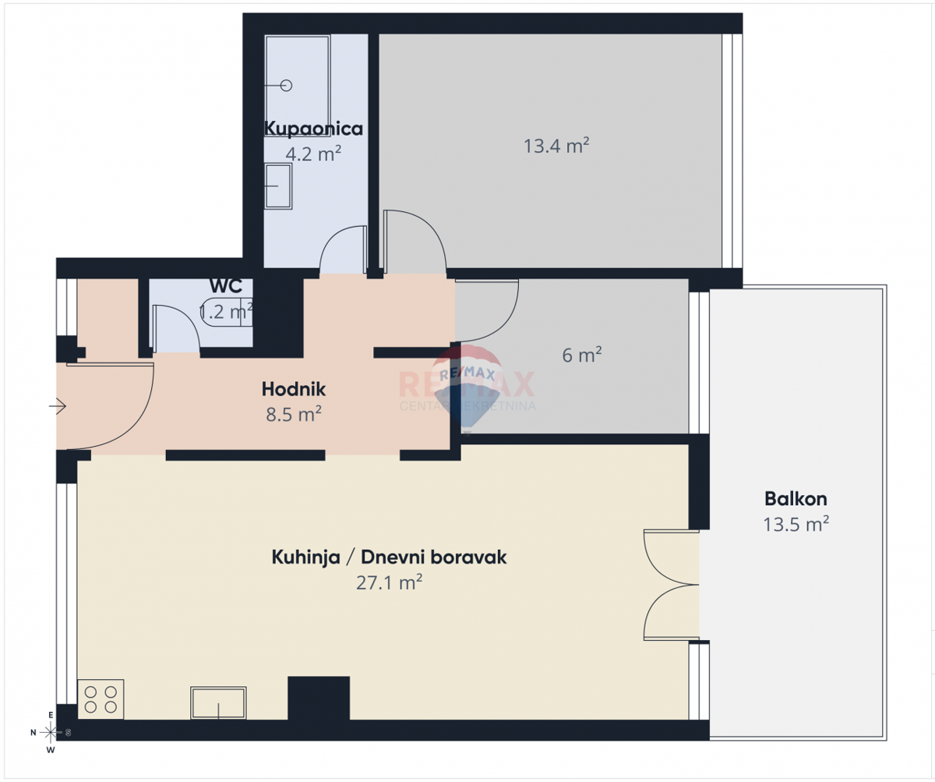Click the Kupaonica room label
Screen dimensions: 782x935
pyautogui.click(x=313, y=129)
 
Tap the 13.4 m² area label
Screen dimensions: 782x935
pyautogui.click(x=556, y=145)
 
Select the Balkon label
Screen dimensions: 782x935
pyautogui.click(x=796, y=499)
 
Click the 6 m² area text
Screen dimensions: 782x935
pyautogui.click(x=582, y=356)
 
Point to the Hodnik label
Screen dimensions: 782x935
pyautogui.click(x=293, y=389)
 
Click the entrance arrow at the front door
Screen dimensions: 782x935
pyautogui.click(x=58, y=405)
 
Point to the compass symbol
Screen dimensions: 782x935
pyautogui.click(x=51, y=732)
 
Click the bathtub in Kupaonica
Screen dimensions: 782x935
pyautogui.click(x=296, y=85)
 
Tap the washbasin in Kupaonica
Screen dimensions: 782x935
pyautogui.click(x=278, y=186)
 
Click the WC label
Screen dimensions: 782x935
pyautogui.click(x=225, y=286)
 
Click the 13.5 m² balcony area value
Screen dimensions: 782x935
pyautogui.click(x=796, y=524)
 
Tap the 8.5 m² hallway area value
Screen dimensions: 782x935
pyautogui.click(x=294, y=414)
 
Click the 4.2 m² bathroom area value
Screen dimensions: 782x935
pyautogui.click(x=313, y=153)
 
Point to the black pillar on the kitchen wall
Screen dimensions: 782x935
pyautogui.click(x=319, y=698)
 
